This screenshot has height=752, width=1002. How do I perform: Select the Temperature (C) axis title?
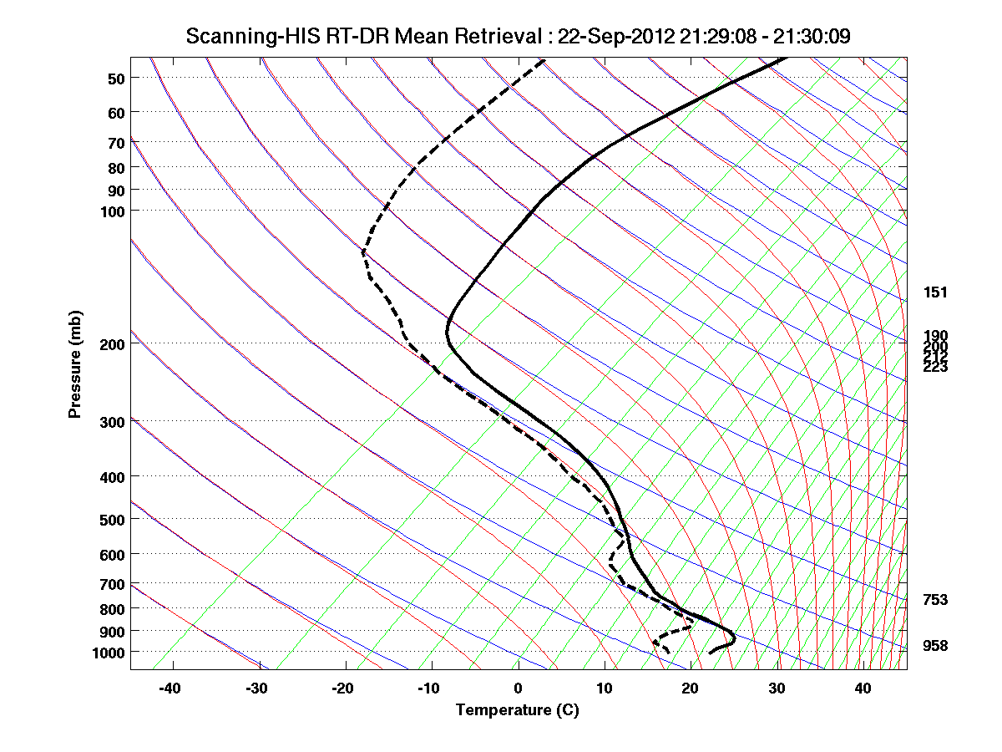click(x=517, y=710)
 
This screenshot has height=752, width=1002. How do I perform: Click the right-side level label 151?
click(x=935, y=292)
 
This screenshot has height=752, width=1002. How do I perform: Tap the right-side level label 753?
click(x=935, y=600)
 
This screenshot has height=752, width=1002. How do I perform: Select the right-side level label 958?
click(x=935, y=646)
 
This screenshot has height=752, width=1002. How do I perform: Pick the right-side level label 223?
click(x=935, y=367)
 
